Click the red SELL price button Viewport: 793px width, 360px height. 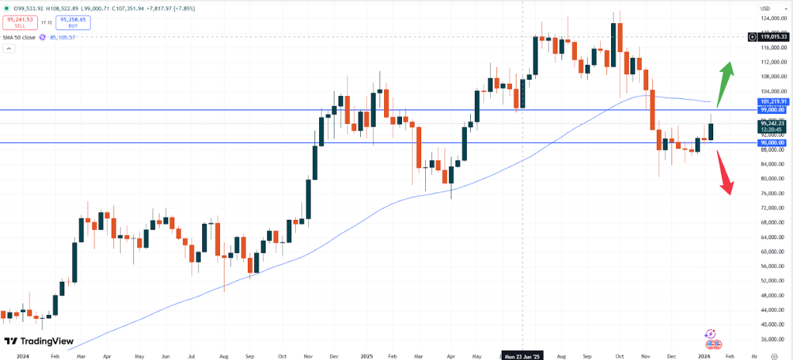[x=20, y=23]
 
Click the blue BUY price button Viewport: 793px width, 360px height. [x=72, y=23]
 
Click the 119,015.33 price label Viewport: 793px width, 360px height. [x=773, y=36]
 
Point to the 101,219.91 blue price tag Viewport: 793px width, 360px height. [x=773, y=101]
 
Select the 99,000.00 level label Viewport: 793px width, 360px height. [x=773, y=110]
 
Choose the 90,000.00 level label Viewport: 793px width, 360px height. [x=773, y=142]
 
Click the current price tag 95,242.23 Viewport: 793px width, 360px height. [x=773, y=123]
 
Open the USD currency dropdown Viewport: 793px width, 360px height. [x=764, y=8]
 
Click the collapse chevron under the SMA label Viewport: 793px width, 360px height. [x=9, y=48]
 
